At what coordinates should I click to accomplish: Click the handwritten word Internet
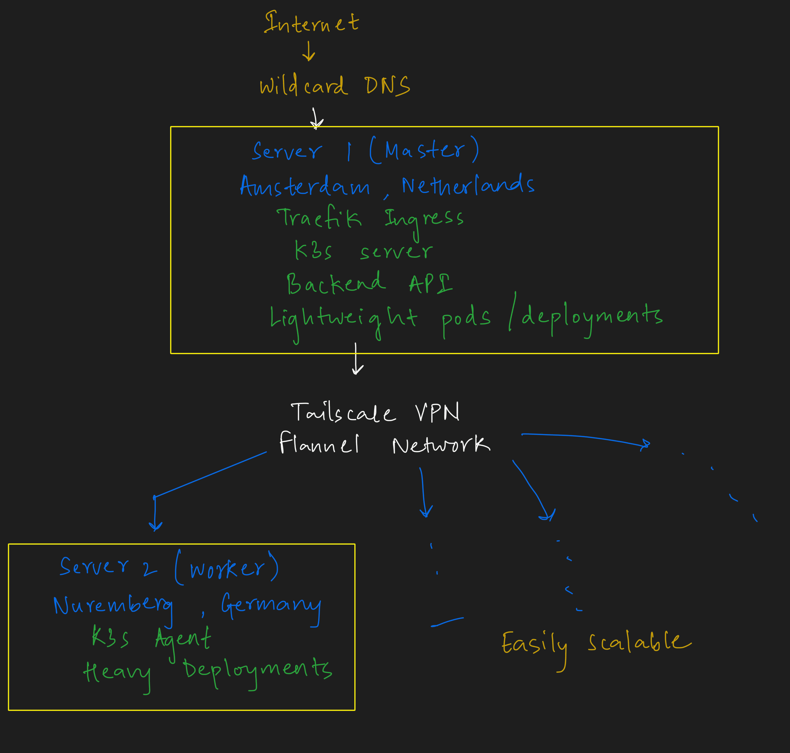311,23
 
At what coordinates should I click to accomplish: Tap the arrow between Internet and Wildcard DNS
308,51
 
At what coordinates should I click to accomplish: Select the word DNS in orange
387,85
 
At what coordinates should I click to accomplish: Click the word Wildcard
303,85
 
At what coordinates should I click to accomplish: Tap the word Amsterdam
305,186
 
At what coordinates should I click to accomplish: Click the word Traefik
319,218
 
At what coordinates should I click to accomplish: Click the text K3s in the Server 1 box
313,251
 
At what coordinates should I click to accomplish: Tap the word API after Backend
430,283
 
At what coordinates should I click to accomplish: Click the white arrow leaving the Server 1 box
356,359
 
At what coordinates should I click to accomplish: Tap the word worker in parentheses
227,568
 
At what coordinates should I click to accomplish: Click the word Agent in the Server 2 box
183,638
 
